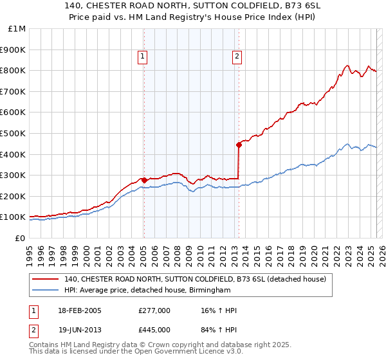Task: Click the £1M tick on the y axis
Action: [15, 28]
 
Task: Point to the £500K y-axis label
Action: [13, 133]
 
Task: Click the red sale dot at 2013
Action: [239, 145]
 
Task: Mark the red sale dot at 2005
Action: [143, 180]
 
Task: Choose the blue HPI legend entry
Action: [147, 291]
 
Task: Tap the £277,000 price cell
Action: [154, 310]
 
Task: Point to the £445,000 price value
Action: [154, 330]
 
